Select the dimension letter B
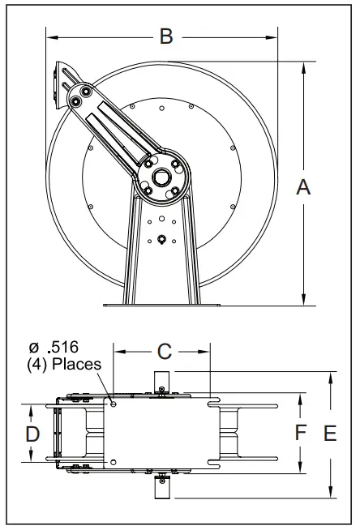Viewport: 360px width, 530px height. tap(165, 36)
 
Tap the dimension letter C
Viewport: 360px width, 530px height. tap(164, 351)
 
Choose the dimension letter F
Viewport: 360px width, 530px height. tap(300, 433)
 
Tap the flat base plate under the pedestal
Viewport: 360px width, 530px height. tap(162, 305)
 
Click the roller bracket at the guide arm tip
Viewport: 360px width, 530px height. tap(65, 84)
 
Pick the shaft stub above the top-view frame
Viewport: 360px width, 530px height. tap(161, 380)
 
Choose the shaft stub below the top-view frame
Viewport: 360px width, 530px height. tap(161, 486)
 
